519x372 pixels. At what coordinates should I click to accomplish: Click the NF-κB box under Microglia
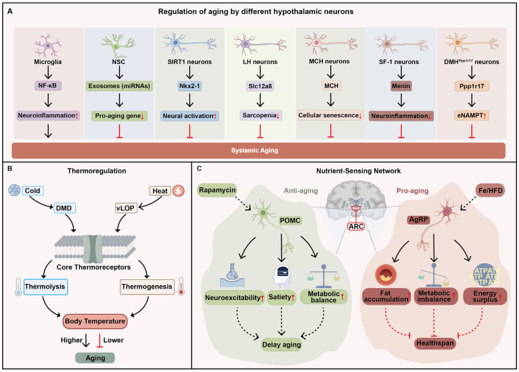(x=47, y=85)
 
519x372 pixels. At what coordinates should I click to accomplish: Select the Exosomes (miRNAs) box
(x=119, y=86)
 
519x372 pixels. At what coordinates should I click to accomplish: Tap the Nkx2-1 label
(x=189, y=86)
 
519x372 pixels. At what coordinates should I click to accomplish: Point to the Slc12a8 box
(x=260, y=86)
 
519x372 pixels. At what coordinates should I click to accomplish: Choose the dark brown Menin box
(x=401, y=86)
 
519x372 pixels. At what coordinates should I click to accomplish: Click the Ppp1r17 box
(x=472, y=86)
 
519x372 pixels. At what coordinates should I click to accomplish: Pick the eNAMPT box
(x=472, y=115)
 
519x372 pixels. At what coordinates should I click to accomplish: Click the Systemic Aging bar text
(x=255, y=151)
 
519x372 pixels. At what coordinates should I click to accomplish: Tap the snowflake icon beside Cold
(x=14, y=191)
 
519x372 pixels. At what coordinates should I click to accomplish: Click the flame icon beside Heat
(x=178, y=191)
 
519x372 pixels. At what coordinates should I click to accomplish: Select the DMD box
(x=64, y=208)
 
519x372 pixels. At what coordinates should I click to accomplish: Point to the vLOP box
(x=125, y=208)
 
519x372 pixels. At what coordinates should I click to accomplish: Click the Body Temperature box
(x=95, y=321)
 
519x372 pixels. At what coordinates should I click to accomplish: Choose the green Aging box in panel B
(x=95, y=358)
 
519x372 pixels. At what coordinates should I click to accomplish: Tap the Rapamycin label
(x=217, y=190)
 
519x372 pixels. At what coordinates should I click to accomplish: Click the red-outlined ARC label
(x=356, y=227)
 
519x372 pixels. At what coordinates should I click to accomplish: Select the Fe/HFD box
(x=490, y=190)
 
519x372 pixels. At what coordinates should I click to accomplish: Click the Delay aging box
(x=282, y=345)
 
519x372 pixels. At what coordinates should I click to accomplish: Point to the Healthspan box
(x=435, y=343)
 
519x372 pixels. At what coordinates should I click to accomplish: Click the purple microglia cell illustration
(x=48, y=45)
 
